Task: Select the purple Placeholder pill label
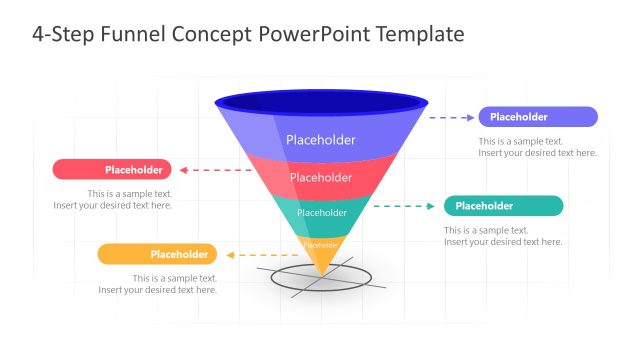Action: click(538, 117)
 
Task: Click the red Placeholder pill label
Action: click(112, 170)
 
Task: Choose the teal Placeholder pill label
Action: click(503, 206)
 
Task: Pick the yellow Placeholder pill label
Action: click(157, 255)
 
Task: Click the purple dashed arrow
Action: click(453, 117)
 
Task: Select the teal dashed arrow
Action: click(404, 207)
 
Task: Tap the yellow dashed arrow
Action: click(264, 255)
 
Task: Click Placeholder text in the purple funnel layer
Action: click(320, 140)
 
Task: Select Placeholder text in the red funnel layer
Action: click(320, 178)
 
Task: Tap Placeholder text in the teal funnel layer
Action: click(321, 212)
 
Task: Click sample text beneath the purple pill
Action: click(537, 147)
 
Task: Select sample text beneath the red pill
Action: click(113, 199)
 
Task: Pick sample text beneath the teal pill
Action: click(503, 236)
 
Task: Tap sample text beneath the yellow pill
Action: click(158, 284)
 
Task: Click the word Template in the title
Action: click(420, 34)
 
